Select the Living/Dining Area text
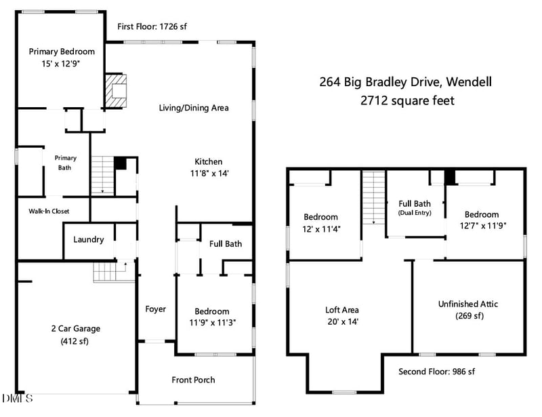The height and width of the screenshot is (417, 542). click(x=194, y=108)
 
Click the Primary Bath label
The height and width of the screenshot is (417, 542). click(x=66, y=162)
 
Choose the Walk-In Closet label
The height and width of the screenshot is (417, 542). click(x=49, y=211)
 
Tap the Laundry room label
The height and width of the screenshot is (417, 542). click(x=88, y=239)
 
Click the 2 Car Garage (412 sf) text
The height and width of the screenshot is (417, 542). click(x=75, y=334)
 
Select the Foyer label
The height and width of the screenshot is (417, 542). click(x=155, y=309)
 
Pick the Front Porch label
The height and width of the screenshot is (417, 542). click(x=193, y=380)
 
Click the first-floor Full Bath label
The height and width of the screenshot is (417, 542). click(x=225, y=244)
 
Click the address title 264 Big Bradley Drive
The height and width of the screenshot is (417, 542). click(x=405, y=83)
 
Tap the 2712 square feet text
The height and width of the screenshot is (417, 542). click(x=406, y=100)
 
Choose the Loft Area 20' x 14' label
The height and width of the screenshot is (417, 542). click(x=341, y=315)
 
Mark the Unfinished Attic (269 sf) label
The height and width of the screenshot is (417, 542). click(x=468, y=309)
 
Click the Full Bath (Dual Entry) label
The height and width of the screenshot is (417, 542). click(x=415, y=207)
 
